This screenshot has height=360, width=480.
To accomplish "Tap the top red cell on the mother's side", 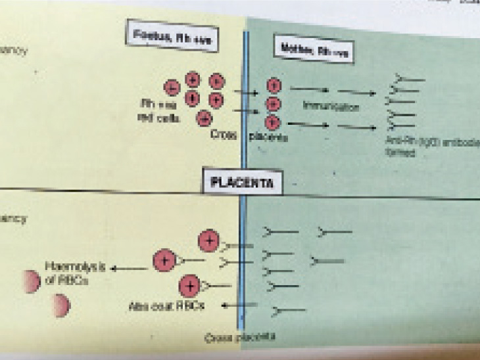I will point(274,85).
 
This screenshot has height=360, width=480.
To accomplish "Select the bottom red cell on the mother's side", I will point(274,122).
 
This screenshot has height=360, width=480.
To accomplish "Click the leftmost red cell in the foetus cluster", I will point(171,87).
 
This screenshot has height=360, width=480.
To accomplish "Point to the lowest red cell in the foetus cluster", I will point(204,118).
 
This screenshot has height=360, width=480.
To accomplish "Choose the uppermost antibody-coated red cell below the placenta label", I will point(209,240).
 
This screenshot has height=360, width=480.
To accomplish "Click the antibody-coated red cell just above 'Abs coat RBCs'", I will point(190,286).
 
